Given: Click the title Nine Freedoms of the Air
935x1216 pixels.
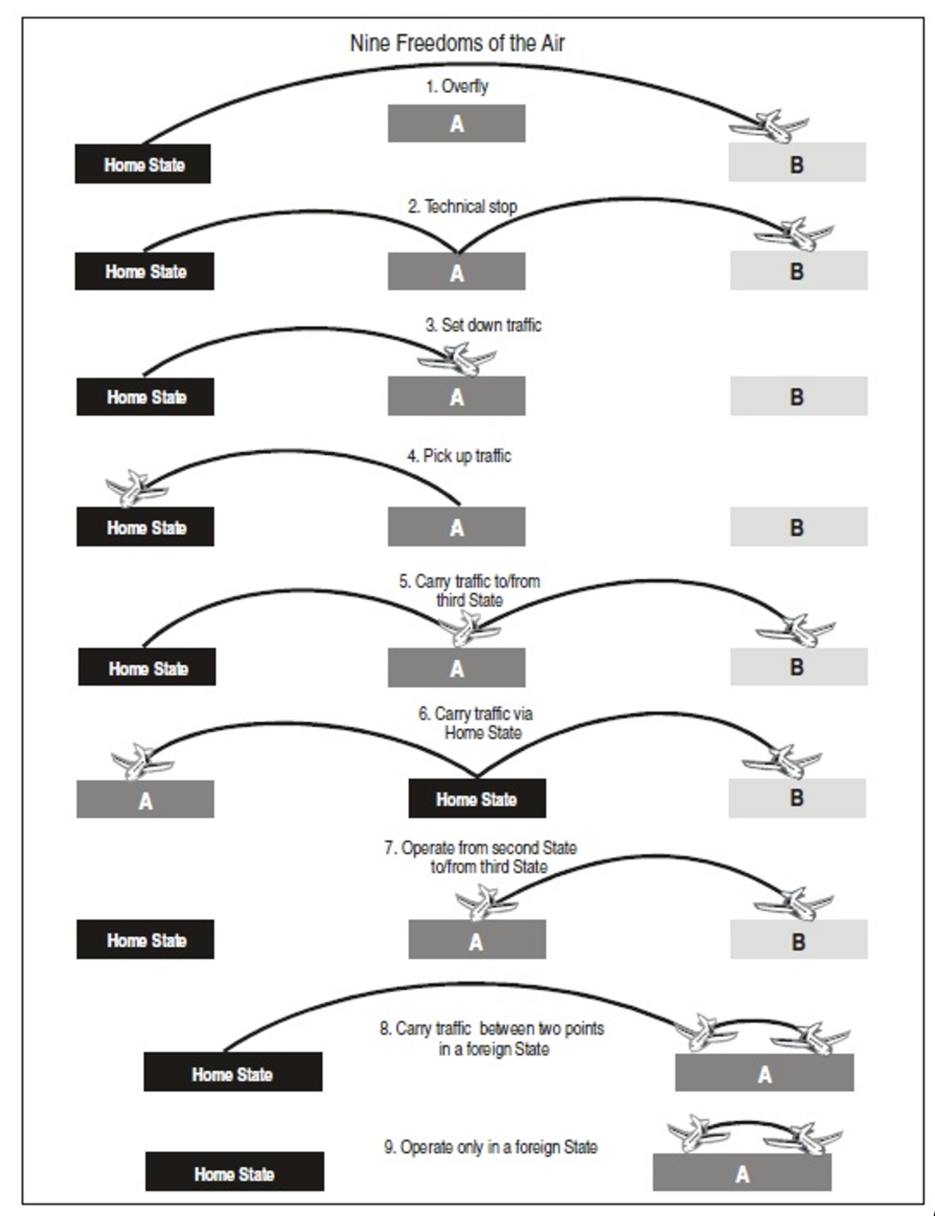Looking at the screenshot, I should [457, 43].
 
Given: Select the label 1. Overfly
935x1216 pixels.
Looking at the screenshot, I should [457, 87].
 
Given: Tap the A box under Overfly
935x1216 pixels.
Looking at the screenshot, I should [457, 124].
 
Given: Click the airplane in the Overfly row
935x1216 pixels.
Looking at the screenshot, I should [770, 126].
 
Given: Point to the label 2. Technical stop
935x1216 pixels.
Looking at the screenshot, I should [462, 206].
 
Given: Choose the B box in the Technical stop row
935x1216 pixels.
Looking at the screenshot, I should [799, 271].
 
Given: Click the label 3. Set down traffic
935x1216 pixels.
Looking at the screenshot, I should [483, 325].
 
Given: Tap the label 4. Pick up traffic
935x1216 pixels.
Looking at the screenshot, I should [459, 456].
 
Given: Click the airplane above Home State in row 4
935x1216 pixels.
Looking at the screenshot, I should [136, 488].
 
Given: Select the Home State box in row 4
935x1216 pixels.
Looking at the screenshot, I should [145, 527].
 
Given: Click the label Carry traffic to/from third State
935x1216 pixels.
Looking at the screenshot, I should [470, 591].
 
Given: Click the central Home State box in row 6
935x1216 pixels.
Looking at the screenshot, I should [477, 798].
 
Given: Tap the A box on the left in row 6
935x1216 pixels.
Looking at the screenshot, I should [145, 800].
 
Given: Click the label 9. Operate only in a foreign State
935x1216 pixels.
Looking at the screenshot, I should [490, 1147].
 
